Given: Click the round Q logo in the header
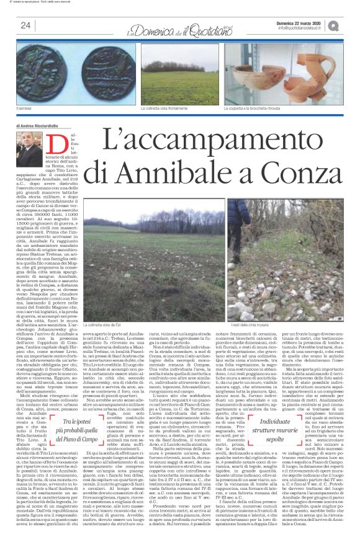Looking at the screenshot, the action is click(x=351, y=25).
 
